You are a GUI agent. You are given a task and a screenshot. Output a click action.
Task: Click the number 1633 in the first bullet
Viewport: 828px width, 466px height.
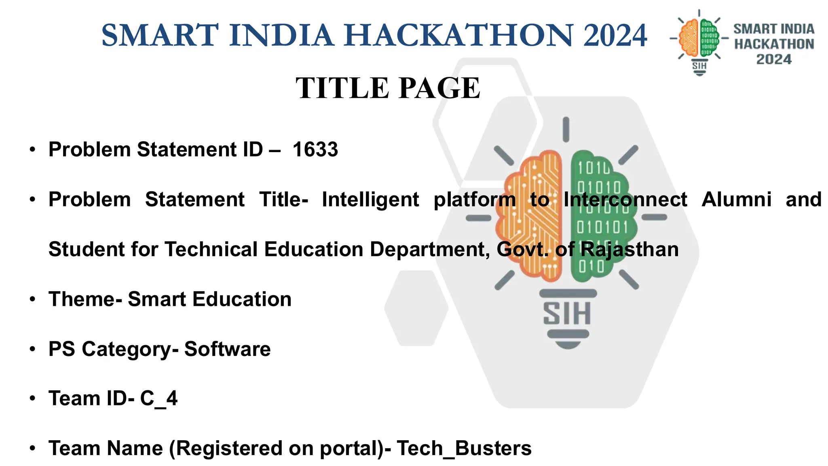tap(315, 150)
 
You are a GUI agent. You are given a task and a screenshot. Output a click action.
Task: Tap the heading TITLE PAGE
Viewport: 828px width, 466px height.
tap(388, 88)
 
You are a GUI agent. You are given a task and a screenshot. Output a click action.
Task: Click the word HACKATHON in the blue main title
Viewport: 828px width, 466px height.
tap(459, 36)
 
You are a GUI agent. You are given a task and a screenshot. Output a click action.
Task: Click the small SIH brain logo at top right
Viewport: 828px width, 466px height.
tap(699, 42)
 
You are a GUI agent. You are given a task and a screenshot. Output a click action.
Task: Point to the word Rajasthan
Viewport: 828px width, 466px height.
tap(629, 250)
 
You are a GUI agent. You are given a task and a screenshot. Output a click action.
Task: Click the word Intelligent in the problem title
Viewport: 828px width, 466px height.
tap(370, 200)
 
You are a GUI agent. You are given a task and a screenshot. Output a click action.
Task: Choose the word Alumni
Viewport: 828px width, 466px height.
tap(736, 199)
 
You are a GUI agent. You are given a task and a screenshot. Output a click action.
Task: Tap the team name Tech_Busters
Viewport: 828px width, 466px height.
tap(464, 448)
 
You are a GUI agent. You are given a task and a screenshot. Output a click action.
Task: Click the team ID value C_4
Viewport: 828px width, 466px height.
tap(158, 398)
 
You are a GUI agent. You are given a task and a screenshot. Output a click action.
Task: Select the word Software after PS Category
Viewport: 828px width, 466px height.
tap(227, 349)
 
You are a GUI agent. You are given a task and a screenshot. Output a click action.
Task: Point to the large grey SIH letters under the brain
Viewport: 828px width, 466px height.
tap(567, 314)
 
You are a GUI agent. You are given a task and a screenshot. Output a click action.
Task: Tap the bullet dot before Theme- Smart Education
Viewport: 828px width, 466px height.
tap(33, 300)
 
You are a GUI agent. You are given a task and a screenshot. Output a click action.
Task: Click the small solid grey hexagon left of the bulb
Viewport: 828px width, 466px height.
tap(416, 308)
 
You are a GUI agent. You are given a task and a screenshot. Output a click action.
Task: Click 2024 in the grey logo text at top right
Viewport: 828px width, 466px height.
tap(773, 59)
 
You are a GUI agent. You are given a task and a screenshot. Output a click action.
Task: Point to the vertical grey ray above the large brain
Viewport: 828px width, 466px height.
tap(566, 129)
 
